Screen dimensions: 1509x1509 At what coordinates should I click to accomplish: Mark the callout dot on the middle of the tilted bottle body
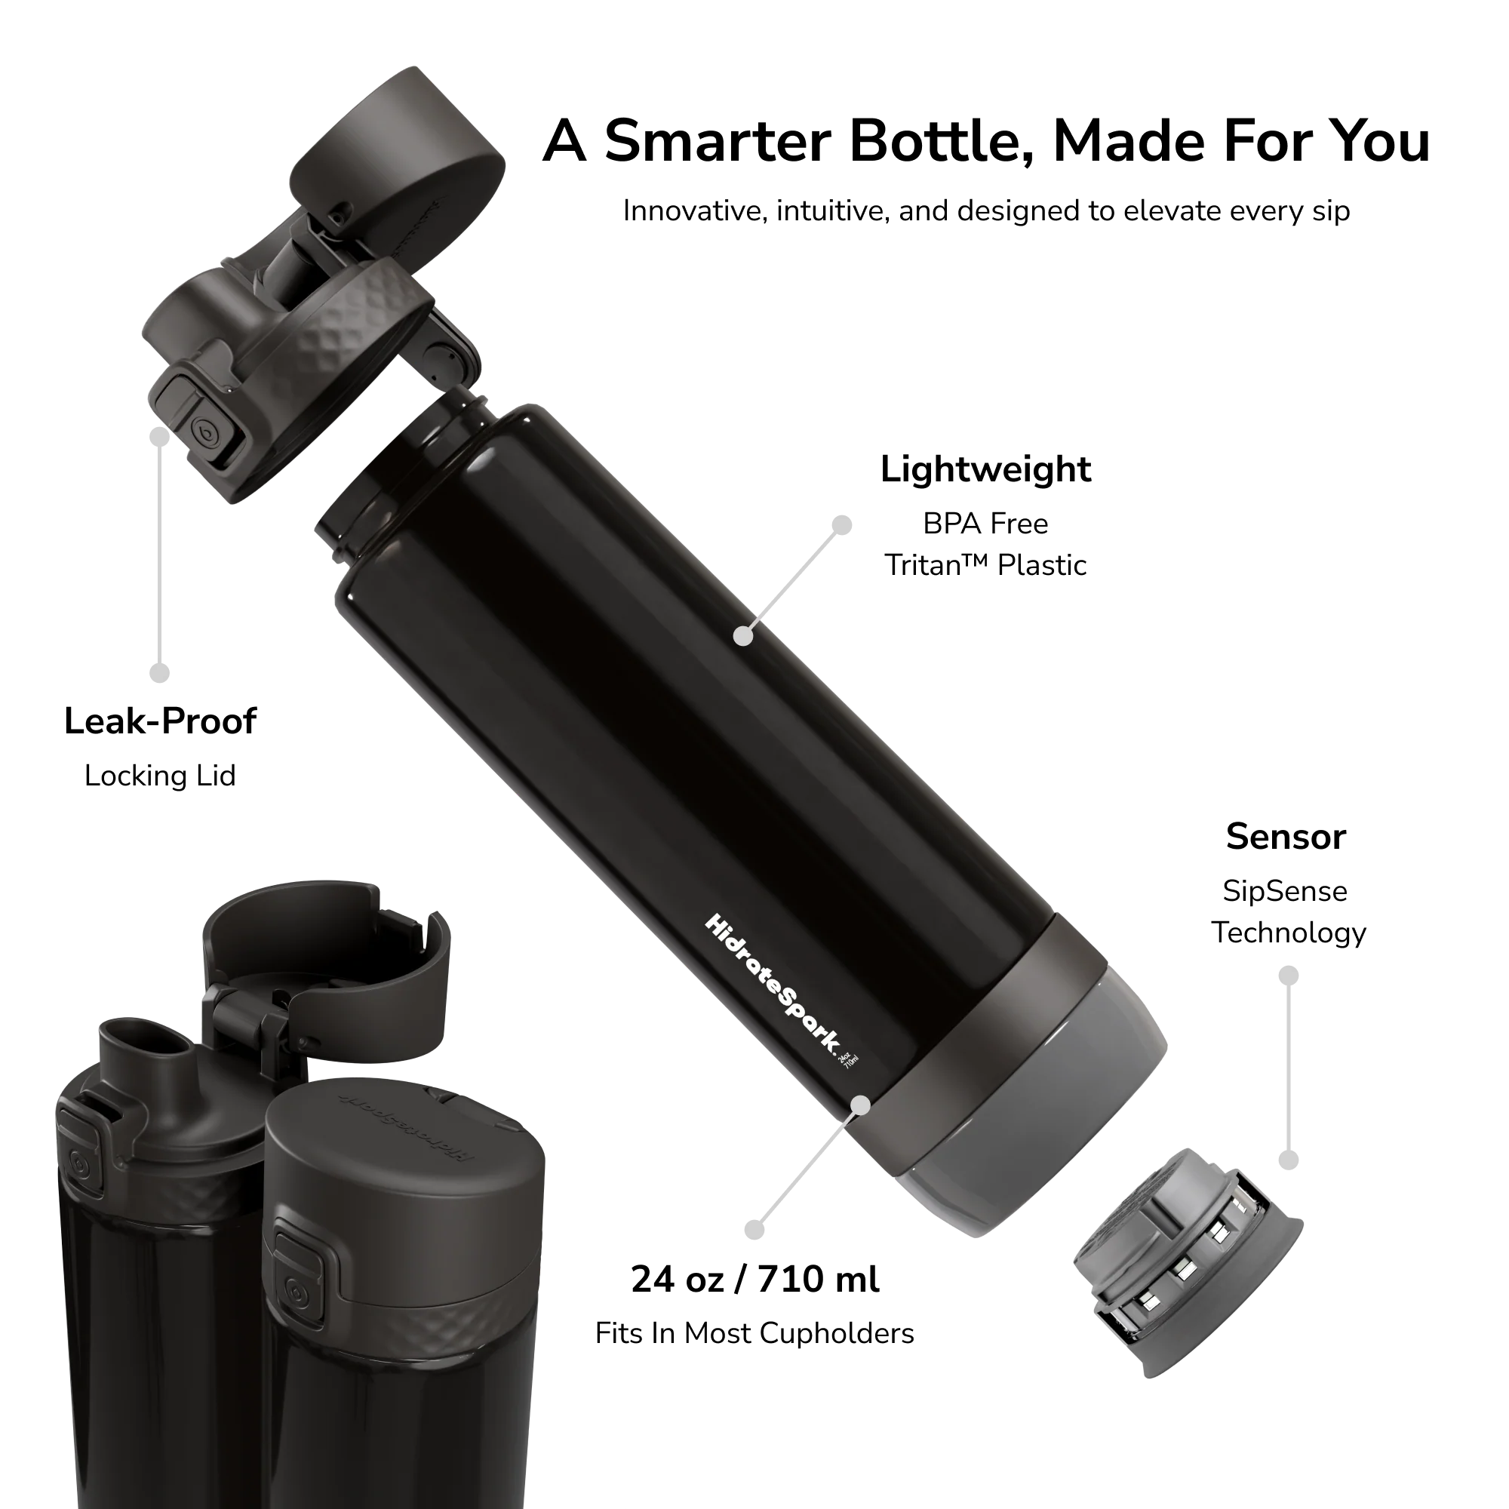tap(745, 637)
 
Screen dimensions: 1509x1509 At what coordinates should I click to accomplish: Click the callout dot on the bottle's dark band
tap(861, 1105)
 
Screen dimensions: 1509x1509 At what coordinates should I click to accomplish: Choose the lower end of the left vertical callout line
tap(160, 672)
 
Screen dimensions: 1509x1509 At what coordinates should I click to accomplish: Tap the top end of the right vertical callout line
tap(1289, 976)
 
